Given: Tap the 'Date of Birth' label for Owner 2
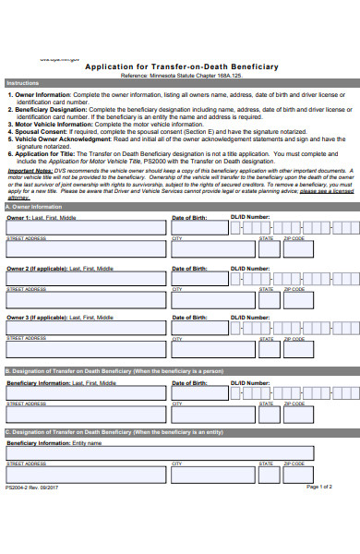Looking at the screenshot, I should (x=189, y=268).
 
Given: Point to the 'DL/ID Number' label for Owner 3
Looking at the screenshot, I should (x=250, y=317).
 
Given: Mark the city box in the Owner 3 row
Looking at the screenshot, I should (x=213, y=348).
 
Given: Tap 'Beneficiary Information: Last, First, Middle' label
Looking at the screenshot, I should (x=62, y=381).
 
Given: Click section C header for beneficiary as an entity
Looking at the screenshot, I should (x=114, y=432).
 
